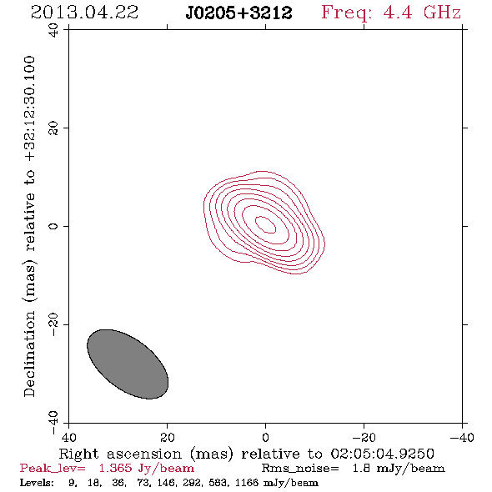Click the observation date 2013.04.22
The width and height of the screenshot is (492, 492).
(84, 13)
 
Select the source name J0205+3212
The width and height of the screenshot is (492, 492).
(238, 13)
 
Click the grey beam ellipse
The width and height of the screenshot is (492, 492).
(128, 364)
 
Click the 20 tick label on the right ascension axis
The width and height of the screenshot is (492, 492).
(167, 437)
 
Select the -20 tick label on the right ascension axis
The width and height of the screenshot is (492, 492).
(364, 437)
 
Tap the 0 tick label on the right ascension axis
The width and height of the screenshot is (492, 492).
(265, 437)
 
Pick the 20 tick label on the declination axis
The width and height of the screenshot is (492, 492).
(53, 128)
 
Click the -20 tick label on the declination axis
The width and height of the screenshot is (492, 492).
(53, 324)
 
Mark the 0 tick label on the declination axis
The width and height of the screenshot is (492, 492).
(53, 226)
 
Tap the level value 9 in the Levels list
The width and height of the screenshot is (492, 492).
(73, 483)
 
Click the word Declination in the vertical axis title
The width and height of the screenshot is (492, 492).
(29, 354)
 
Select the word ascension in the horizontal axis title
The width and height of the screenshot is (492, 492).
(144, 454)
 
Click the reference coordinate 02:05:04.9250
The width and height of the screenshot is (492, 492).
(383, 454)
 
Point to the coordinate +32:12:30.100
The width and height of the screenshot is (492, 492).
(29, 109)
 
